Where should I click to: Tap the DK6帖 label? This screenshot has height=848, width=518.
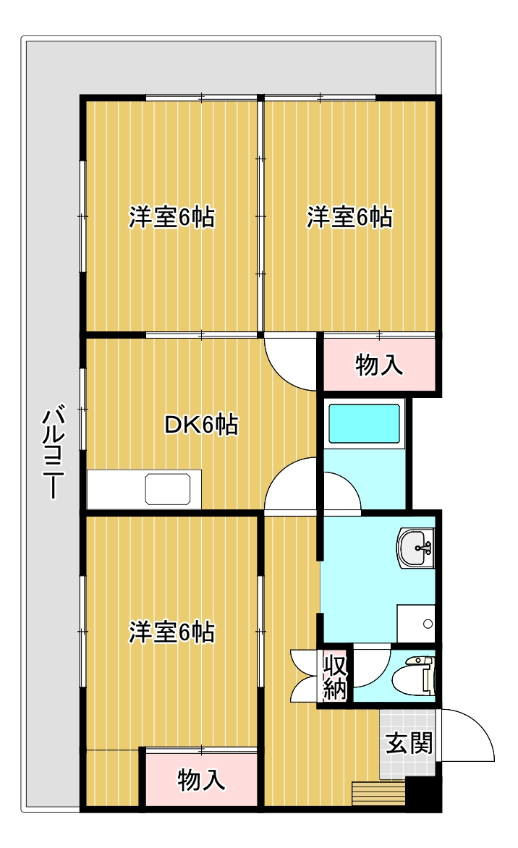click(201, 425)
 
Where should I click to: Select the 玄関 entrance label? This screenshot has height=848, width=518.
click(408, 744)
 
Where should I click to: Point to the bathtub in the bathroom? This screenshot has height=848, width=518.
click(364, 423)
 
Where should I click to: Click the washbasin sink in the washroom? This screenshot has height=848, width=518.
click(416, 548)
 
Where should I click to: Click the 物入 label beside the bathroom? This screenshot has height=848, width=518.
click(379, 366)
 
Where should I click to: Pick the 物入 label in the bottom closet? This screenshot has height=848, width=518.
click(201, 780)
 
